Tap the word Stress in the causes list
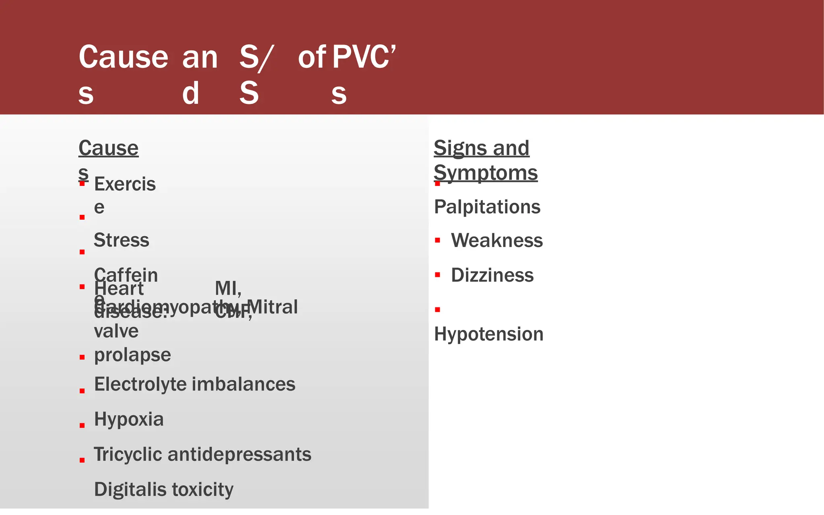[x=121, y=240]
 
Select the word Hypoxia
[x=129, y=419]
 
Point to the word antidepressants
[x=239, y=455]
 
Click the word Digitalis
[x=130, y=490]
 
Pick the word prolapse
[x=132, y=355]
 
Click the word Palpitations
[x=487, y=207]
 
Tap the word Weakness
[x=496, y=241]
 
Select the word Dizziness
[x=492, y=276]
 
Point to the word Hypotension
[x=488, y=334]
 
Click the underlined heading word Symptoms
[x=485, y=173]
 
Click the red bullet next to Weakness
[x=437, y=241]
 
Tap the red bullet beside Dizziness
[x=437, y=275]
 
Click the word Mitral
[x=272, y=307]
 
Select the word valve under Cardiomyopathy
[x=116, y=332]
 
